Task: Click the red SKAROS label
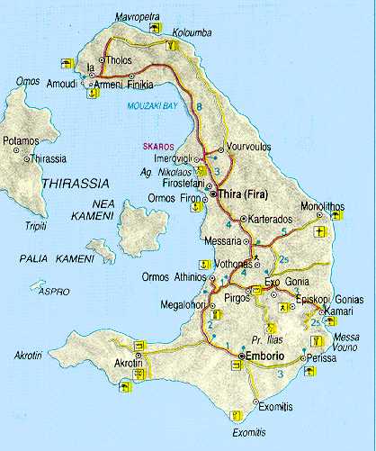156,146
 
